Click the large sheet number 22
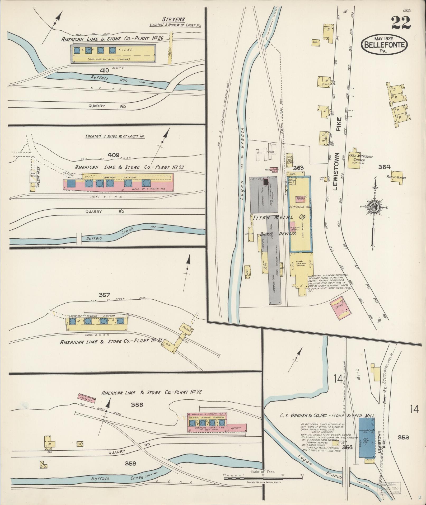pyautogui.click(x=401, y=23)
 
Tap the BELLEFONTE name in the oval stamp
pyautogui.click(x=384, y=44)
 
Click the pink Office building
pyautogui.click(x=339, y=307)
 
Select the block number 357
pyautogui.click(x=104, y=295)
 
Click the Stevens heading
pyautogui.click(x=174, y=19)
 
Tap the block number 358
pyautogui.click(x=130, y=464)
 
